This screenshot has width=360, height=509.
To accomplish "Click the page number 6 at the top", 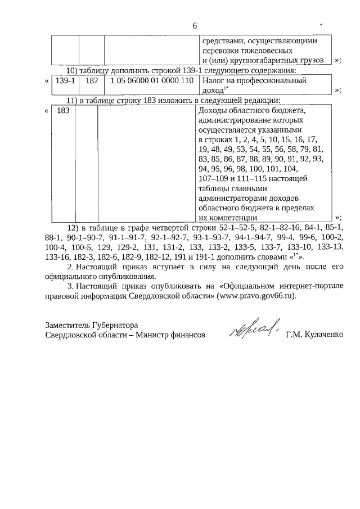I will pyautogui.click(x=195, y=25).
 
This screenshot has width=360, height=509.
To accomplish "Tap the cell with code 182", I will pyautogui.click(x=92, y=81).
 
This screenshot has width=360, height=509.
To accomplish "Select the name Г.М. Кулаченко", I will pyautogui.click(x=313, y=335).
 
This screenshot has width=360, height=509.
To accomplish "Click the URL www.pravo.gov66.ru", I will pyautogui.click(x=254, y=295).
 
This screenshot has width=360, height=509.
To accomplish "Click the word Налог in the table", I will pyautogui.click(x=212, y=81).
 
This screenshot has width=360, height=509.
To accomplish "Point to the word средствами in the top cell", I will pyautogui.click(x=220, y=41).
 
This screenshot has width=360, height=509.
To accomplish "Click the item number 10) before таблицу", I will pyautogui.click(x=73, y=70).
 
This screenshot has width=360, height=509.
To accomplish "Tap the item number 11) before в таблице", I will pyautogui.click(x=73, y=100).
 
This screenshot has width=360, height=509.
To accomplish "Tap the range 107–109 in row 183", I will pyautogui.click(x=214, y=178).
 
